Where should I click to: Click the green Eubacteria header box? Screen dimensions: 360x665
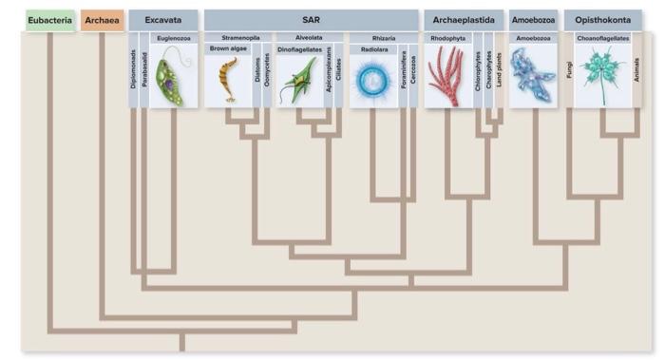[49, 19]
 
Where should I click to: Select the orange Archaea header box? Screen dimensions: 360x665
[102, 19]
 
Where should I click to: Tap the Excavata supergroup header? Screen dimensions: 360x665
[163, 19]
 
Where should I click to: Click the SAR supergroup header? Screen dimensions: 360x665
[311, 19]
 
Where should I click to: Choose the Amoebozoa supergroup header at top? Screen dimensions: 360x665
[534, 19]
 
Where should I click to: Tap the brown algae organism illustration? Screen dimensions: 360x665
[228, 80]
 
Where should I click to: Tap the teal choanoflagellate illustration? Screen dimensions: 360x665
[600, 74]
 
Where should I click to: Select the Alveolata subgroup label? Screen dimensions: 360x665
[309, 37]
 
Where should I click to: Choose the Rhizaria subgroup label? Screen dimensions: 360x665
[383, 37]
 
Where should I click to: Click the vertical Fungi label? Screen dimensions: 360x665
[570, 69]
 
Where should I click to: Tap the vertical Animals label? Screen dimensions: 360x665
[636, 69]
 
